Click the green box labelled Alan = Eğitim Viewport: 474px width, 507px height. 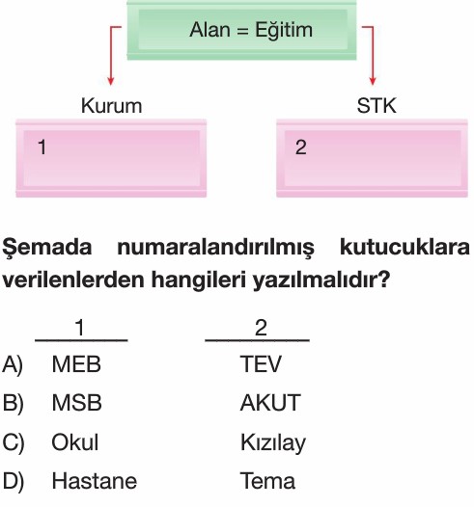pos(241,31)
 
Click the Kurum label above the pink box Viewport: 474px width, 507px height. pos(111,106)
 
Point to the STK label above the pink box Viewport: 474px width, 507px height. pos(376,105)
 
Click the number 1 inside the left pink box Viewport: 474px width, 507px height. pos(42,147)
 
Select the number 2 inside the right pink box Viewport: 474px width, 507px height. pos(301,147)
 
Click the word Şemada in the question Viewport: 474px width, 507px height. pos(47,248)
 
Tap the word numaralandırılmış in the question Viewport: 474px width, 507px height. pos(215,248)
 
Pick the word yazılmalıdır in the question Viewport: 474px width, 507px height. pos(321,280)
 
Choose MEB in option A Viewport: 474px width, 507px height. pos(76,364)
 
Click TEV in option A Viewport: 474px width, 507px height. pos(261,364)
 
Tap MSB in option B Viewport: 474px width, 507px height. pos(76,403)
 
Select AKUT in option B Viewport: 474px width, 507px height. pos(270,403)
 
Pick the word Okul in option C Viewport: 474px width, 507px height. pos(74,442)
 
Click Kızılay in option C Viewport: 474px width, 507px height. pos(273,443)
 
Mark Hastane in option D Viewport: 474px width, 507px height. pos(95,481)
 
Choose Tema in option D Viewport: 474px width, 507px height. pos(267,481)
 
